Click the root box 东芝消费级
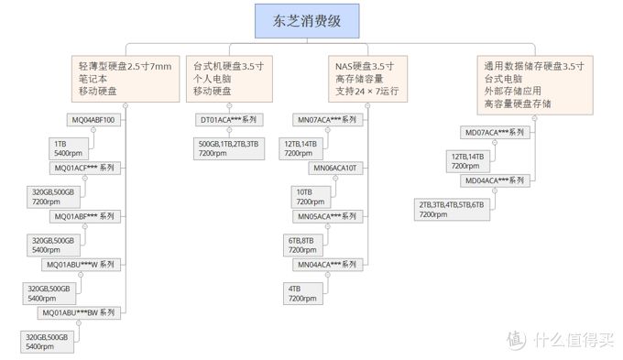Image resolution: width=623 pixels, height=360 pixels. [x=311, y=19]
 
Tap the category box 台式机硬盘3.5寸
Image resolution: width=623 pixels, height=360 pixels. [x=228, y=80]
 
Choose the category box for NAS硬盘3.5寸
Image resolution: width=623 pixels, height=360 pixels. [x=366, y=80]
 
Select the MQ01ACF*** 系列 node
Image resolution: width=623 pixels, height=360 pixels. [x=84, y=169]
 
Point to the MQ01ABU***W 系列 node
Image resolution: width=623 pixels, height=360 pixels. [x=81, y=265]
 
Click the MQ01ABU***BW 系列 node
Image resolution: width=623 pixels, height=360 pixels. [x=79, y=312]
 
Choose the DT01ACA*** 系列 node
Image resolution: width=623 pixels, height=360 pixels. [x=229, y=120]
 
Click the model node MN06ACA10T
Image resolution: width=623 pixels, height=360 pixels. [x=337, y=169]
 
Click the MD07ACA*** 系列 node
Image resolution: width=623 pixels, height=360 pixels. [x=494, y=133]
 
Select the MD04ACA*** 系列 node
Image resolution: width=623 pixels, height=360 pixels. [x=494, y=181]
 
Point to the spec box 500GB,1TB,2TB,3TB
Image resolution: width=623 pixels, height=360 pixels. [x=227, y=149]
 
